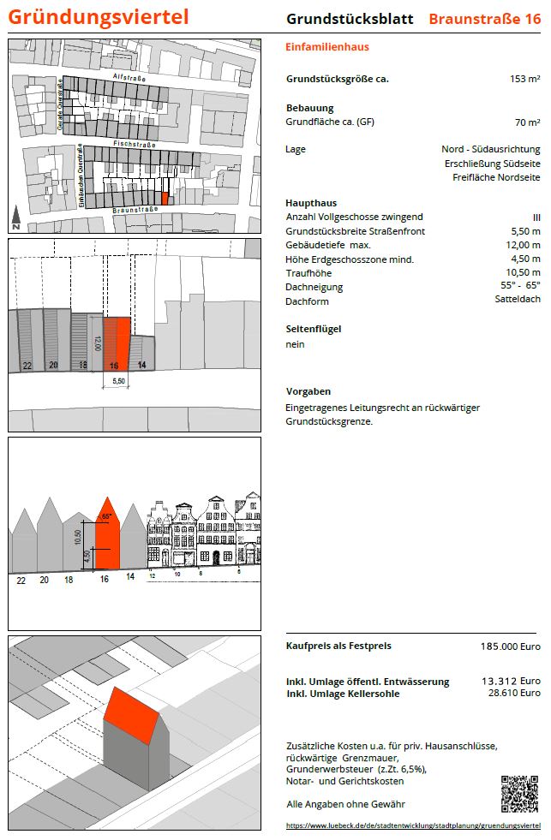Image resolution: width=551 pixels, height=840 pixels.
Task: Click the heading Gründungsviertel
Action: pos(99,16)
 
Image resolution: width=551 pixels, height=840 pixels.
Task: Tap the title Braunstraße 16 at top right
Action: pos(484,19)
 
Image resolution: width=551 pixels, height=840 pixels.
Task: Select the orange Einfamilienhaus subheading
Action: pos(327,47)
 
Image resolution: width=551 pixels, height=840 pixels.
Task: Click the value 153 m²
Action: pos(524,79)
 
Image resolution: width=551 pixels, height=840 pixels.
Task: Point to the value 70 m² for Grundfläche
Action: pos(527,122)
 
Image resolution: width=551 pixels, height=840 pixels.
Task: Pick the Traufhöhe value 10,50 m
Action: pos(524,273)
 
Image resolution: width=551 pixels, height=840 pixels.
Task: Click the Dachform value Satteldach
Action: pos(518,300)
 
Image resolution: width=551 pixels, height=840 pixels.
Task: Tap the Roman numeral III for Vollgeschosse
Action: pos(536,217)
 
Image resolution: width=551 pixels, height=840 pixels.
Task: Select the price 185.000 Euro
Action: pos(510,647)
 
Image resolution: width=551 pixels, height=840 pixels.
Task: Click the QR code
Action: pos(520,794)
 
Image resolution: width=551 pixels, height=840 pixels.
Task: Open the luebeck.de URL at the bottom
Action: pos(413,825)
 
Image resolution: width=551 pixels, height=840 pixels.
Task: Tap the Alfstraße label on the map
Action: pos(129,79)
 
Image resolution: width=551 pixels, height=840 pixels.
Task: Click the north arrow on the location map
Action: pos(16,218)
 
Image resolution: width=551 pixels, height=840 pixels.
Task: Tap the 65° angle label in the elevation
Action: pos(107,516)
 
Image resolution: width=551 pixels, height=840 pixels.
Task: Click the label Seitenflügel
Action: pos(308,329)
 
